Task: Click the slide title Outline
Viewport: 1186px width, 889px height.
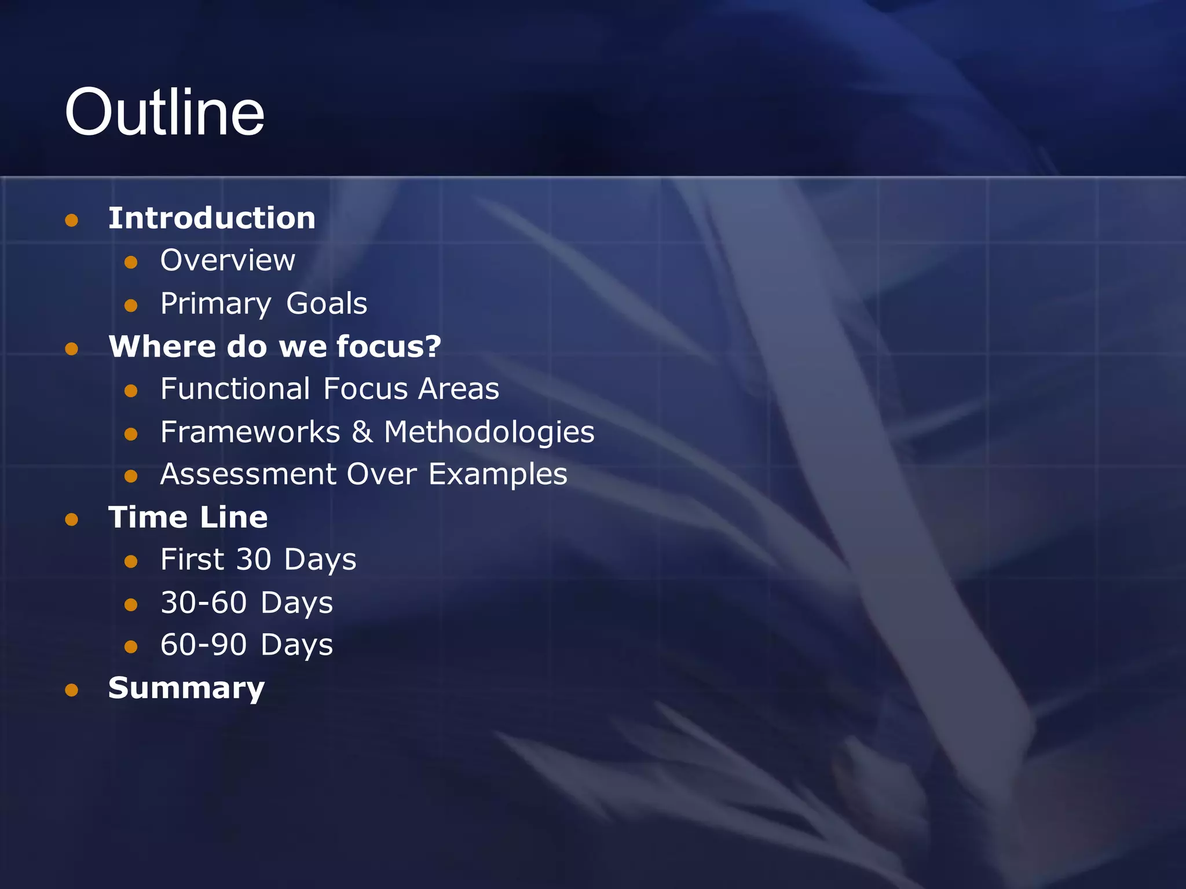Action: (x=164, y=112)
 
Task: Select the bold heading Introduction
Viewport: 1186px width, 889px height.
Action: (x=212, y=218)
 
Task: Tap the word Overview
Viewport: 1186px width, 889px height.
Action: (x=228, y=260)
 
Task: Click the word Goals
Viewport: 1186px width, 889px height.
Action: (x=327, y=303)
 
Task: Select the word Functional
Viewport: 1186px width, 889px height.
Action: (x=235, y=388)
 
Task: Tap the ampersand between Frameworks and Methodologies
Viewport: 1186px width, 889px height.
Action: (x=362, y=432)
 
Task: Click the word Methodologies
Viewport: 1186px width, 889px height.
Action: (x=489, y=432)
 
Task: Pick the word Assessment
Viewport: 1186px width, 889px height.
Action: (x=248, y=474)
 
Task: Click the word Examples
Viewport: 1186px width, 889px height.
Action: (x=498, y=475)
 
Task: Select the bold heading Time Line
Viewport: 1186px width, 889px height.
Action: (x=188, y=517)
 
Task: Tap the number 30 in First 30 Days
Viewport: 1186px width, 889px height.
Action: (x=254, y=560)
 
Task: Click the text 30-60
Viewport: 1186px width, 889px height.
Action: (x=204, y=603)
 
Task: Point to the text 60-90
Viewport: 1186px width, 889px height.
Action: (x=204, y=645)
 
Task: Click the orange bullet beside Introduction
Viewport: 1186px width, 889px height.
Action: (x=72, y=220)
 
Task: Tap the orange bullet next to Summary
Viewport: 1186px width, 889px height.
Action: (x=72, y=690)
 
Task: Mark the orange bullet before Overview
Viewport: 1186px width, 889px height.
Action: (x=131, y=262)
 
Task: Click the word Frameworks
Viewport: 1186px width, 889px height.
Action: (x=250, y=432)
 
